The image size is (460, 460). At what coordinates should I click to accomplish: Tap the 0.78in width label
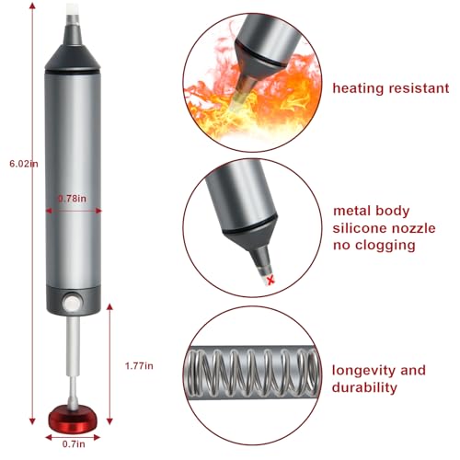pos(73,196)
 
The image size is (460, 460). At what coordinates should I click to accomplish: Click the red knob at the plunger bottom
pos(73,425)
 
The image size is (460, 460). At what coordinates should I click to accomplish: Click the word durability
pos(364,387)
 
